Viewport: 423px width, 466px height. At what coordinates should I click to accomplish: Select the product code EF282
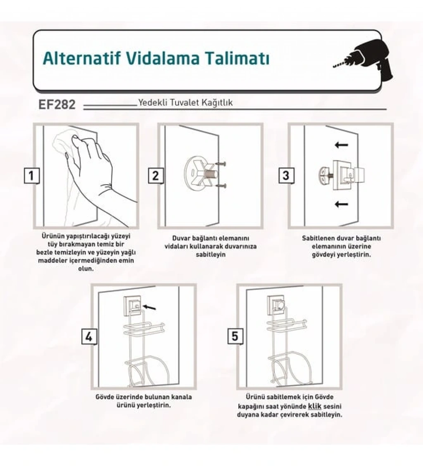point(57,105)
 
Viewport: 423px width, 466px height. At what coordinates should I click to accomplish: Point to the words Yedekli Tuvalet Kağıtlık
point(185,103)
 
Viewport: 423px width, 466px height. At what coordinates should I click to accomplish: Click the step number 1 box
point(31,175)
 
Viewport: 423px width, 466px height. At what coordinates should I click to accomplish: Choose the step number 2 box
point(156,175)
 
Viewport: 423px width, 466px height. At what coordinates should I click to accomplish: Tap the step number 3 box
point(286,175)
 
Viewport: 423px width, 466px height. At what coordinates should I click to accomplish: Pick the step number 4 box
point(89,337)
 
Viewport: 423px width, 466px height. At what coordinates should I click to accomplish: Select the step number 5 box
point(235,336)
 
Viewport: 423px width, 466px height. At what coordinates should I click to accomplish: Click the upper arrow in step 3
point(341,145)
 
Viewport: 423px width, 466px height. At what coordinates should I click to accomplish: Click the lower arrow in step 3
point(341,204)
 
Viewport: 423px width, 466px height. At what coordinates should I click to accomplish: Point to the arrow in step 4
point(149,307)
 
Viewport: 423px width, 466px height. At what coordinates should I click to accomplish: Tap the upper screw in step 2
point(221,163)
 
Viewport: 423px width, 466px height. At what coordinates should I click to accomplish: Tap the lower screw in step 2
point(221,186)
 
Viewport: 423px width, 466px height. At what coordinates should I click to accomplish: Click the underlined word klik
point(315,406)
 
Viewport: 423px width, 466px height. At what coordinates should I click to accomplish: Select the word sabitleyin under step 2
point(211,255)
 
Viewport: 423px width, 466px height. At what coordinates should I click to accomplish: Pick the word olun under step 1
point(86,269)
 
